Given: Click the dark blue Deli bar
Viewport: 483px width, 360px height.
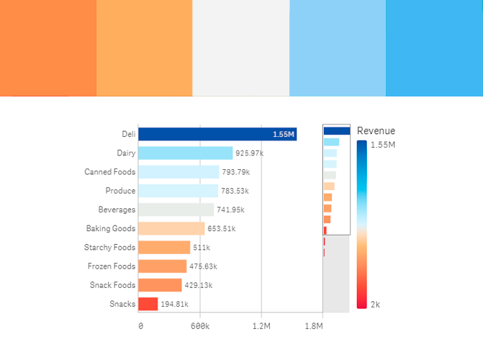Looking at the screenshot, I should [216, 134].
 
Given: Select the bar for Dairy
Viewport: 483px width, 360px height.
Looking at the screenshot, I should [185, 153].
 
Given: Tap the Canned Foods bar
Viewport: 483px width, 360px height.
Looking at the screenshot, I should [179, 172].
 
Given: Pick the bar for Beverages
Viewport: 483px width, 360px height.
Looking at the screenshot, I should [176, 210].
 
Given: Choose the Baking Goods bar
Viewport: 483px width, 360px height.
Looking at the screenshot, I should [171, 228].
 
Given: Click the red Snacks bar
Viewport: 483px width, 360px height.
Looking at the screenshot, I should [148, 304].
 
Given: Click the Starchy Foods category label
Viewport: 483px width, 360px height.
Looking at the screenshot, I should [109, 248].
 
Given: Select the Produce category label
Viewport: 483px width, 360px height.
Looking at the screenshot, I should [120, 191].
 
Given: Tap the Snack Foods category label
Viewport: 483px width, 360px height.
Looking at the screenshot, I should [112, 285].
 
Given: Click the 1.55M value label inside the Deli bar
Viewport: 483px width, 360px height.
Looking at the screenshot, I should [283, 135].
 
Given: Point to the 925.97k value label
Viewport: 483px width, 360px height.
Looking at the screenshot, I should [249, 153].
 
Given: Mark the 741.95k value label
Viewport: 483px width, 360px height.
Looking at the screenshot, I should [230, 210].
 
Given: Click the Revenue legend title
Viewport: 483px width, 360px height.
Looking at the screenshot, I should [376, 131].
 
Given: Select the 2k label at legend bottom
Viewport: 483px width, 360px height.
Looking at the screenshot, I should [375, 305].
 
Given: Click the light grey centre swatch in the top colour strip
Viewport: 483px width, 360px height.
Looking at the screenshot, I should [241, 48].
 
